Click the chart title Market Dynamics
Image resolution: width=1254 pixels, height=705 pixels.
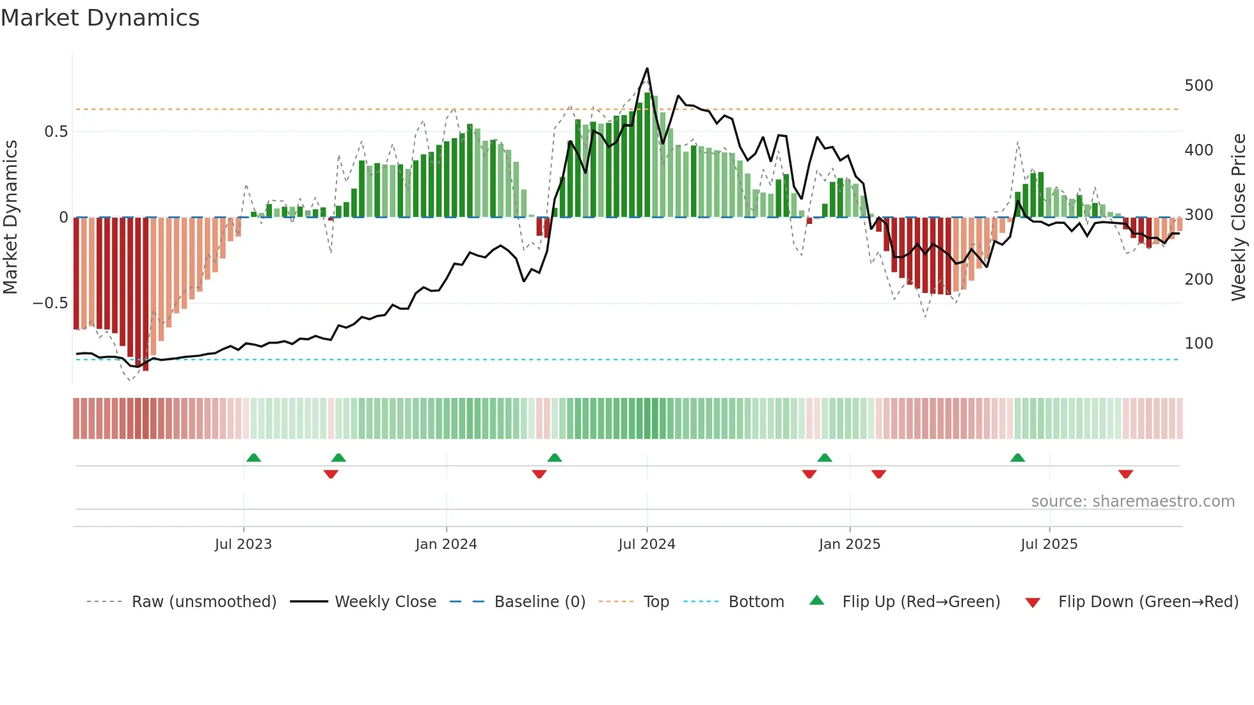click(100, 18)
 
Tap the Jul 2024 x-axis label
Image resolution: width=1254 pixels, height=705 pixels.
click(646, 544)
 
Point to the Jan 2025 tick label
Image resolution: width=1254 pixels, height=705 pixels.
click(849, 544)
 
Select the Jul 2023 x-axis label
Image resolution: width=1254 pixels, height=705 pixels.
click(243, 544)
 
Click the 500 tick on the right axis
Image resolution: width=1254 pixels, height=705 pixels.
click(1198, 86)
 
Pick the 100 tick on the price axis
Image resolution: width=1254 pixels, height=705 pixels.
click(1198, 344)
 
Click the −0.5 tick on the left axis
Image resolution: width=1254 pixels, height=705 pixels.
click(50, 303)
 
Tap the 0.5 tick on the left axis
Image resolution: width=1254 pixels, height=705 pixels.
click(56, 132)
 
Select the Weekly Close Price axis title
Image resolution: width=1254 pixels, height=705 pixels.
click(1239, 218)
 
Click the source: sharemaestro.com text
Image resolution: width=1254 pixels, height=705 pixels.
click(1132, 502)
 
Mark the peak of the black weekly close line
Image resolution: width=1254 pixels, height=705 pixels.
click(647, 68)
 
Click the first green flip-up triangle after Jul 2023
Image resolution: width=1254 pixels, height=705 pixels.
click(253, 457)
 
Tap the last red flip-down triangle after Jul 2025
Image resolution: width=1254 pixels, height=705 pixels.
click(1125, 474)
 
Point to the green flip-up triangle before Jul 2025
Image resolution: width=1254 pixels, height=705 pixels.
click(1017, 457)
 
